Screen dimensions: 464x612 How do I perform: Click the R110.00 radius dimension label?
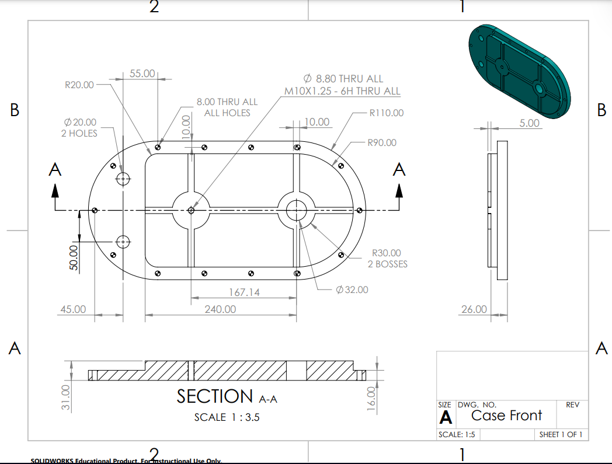pyautogui.click(x=386, y=113)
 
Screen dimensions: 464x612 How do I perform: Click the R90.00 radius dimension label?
pyautogui.click(x=381, y=142)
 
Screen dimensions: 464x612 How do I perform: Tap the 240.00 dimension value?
pyautogui.click(x=220, y=309)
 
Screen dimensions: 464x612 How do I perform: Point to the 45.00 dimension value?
pyautogui.click(x=72, y=309)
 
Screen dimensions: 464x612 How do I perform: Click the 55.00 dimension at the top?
pyautogui.click(x=142, y=74)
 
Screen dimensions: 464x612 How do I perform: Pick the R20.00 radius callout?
pyautogui.click(x=79, y=85)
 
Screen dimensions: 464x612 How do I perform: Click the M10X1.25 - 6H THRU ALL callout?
pyautogui.click(x=342, y=90)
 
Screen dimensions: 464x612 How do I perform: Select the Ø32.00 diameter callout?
pyautogui.click(x=352, y=289)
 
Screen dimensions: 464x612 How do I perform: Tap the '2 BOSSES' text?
pyautogui.click(x=387, y=264)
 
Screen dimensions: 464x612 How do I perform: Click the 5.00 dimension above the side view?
pyautogui.click(x=530, y=123)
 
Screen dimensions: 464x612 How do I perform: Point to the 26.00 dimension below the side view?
pyautogui.click(x=473, y=309)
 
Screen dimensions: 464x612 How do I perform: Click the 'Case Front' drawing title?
pyautogui.click(x=506, y=415)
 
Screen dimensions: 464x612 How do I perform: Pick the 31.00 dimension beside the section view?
pyautogui.click(x=65, y=397)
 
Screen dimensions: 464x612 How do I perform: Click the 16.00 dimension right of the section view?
pyautogui.click(x=371, y=399)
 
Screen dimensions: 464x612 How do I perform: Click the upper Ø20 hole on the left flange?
pyautogui.click(x=123, y=179)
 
